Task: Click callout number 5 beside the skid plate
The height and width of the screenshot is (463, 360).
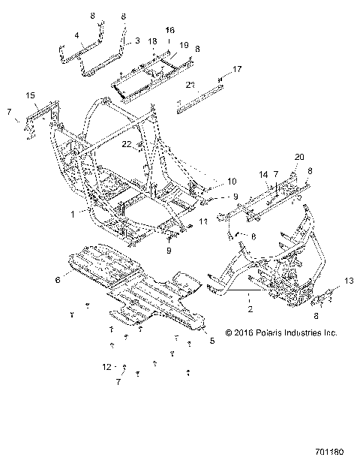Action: click(x=212, y=341)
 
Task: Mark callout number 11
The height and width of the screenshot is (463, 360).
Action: click(x=204, y=222)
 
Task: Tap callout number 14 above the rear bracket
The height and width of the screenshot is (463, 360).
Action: click(x=264, y=174)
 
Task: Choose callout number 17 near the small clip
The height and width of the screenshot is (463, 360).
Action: click(x=238, y=69)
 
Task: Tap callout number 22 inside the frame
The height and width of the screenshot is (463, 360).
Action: click(x=127, y=143)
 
